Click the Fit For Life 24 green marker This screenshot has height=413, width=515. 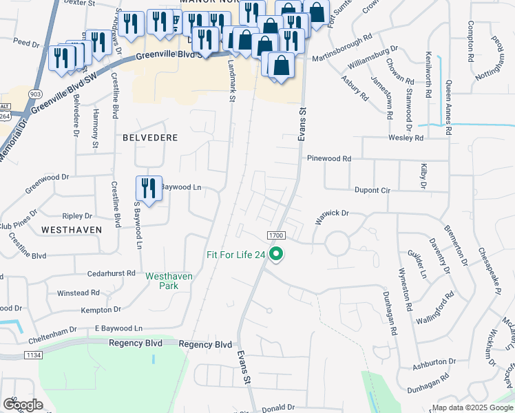tap(277, 255)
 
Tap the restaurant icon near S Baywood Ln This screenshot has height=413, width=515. tap(149, 189)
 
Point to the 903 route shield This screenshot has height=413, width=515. tap(35, 92)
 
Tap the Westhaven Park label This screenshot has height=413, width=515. tap(169, 281)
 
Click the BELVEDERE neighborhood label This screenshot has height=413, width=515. tap(150, 138)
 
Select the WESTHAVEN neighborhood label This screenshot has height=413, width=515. tap(72, 229)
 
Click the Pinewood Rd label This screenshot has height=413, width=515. tap(329, 158)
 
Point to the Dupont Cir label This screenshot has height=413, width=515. tap(372, 190)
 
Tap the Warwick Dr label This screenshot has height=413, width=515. tap(333, 213)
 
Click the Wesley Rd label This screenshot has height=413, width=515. tap(406, 138)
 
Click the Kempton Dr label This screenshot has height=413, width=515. tap(101, 310)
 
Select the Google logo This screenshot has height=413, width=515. tap(23, 405)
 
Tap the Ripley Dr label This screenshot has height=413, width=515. tap(77, 216)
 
